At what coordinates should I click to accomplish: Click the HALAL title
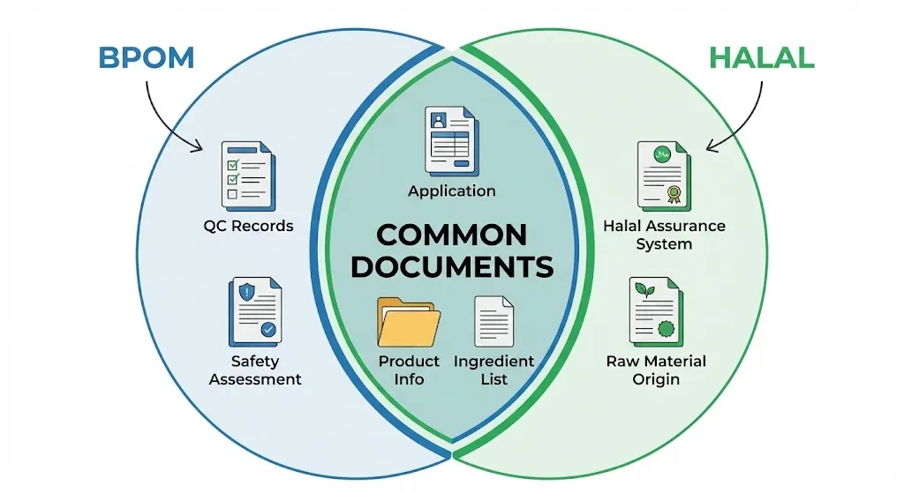(x=761, y=57)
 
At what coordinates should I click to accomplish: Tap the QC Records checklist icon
(x=247, y=176)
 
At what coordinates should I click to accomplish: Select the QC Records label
(x=248, y=226)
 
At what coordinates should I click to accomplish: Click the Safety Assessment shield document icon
(x=256, y=312)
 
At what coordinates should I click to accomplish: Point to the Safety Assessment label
(x=255, y=370)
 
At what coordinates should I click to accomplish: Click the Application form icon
(x=452, y=141)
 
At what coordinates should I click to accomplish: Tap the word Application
(x=452, y=191)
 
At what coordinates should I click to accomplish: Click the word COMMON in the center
(x=452, y=235)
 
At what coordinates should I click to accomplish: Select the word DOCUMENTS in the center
(x=452, y=267)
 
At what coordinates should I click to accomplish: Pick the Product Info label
(x=409, y=370)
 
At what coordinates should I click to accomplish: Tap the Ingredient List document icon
(x=494, y=321)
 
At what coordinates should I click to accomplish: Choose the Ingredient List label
(x=494, y=370)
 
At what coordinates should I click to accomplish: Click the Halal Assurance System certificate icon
(x=663, y=176)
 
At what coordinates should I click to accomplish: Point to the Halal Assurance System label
(x=664, y=235)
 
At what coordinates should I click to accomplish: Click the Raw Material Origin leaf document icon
(x=655, y=312)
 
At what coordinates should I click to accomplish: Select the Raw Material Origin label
(x=656, y=370)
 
